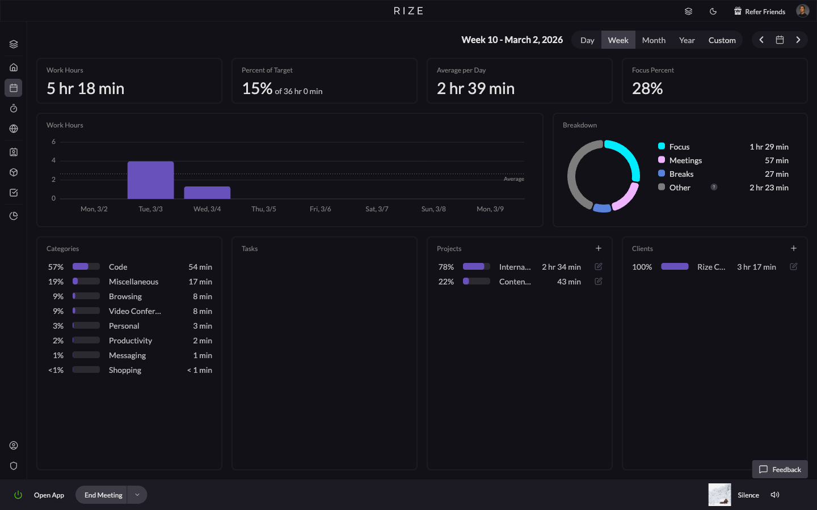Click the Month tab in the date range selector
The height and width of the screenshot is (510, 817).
654,40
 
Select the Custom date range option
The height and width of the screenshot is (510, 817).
722,40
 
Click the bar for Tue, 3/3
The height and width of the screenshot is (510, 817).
150,180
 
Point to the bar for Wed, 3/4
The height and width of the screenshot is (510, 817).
207,193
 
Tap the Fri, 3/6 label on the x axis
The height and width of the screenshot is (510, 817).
320,209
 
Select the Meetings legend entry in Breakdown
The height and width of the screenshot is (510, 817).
685,160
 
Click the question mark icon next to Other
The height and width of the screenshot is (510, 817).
714,187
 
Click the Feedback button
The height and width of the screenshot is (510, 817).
780,469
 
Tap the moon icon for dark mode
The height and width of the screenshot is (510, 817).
713,11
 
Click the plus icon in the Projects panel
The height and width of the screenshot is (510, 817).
598,248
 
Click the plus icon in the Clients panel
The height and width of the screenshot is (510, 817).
793,248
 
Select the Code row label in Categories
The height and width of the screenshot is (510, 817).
118,267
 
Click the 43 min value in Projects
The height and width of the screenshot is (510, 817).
568,282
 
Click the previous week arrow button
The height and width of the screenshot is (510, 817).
761,40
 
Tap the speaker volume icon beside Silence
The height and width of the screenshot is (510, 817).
775,495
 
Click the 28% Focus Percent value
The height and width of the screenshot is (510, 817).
647,88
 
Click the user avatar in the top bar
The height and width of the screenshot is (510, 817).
802,11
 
